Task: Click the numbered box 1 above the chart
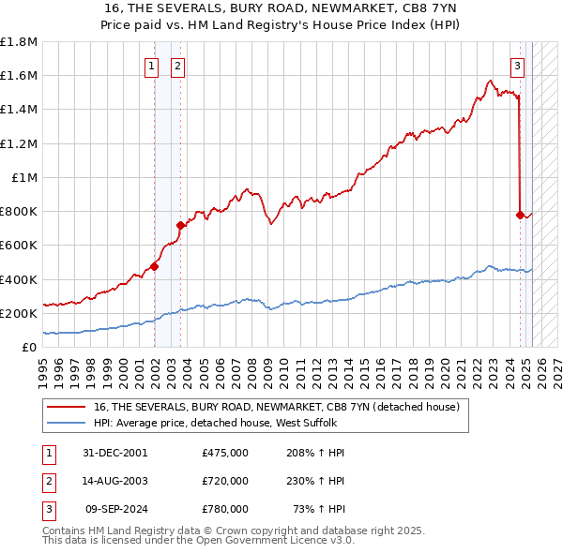(151, 66)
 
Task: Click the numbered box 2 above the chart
(177, 66)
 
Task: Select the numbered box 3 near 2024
(517, 66)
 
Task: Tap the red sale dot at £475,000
(154, 266)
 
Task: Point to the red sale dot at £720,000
(180, 225)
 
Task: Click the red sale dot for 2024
(520, 215)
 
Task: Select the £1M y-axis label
(24, 178)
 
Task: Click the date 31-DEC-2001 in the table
(115, 453)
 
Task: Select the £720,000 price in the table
(224, 481)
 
